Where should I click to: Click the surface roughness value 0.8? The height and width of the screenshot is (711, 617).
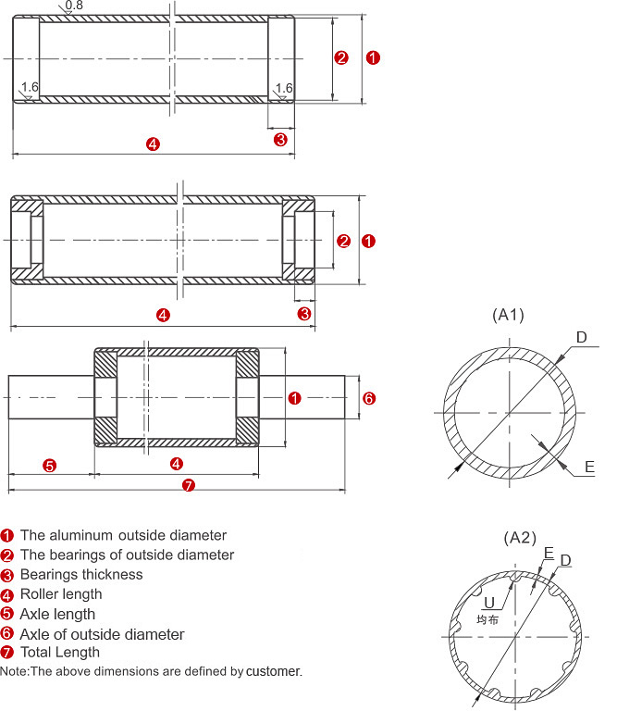[x=74, y=6]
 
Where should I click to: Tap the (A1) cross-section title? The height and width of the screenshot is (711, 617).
[x=508, y=315]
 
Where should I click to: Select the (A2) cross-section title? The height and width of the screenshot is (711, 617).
[x=520, y=538]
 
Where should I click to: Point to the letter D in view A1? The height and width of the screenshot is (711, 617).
[x=581, y=337]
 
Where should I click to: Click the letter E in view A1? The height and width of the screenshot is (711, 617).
[x=589, y=468]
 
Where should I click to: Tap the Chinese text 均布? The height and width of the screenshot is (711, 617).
[x=487, y=619]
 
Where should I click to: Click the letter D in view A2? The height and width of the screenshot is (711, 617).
[x=565, y=560]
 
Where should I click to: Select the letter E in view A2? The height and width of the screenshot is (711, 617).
[x=549, y=553]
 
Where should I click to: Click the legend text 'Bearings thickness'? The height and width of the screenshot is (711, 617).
[x=81, y=574]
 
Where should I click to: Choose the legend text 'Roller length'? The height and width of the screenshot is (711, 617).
[x=61, y=594]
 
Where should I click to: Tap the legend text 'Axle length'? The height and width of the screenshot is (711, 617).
[x=57, y=614]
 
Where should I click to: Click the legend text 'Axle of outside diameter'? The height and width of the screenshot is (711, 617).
[x=102, y=634]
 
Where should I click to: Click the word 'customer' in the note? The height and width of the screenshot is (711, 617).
[x=274, y=670]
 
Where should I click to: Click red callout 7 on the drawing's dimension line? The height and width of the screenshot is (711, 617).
[x=189, y=485]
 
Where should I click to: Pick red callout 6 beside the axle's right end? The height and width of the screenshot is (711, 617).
[x=368, y=398]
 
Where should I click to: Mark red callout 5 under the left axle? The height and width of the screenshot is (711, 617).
[x=50, y=464]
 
